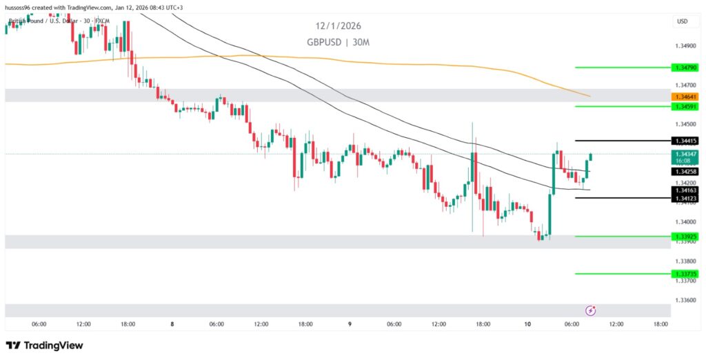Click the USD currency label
click(683, 21)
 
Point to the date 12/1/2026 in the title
click(339, 26)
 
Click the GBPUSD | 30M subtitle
click(339, 42)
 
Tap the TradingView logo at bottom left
click(44, 346)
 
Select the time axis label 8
click(172, 324)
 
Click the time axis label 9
click(350, 324)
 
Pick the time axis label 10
click(527, 324)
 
